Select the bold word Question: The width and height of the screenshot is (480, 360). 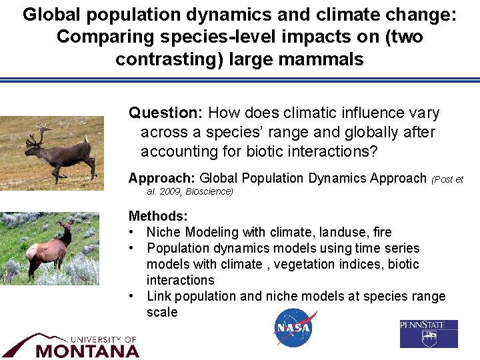(x=166, y=113)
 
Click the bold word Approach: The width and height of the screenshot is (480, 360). (x=161, y=178)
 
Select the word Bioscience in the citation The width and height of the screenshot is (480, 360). (x=209, y=191)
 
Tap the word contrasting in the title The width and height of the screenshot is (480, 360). (x=168, y=59)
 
